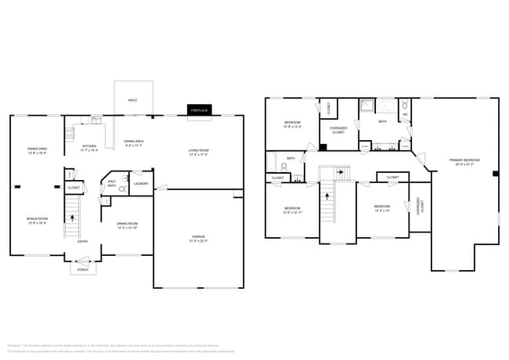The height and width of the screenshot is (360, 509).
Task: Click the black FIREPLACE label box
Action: pyautogui.click(x=199, y=111)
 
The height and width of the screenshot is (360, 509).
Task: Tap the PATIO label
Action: pyautogui.click(x=133, y=99)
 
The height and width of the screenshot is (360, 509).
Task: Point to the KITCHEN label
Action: pyautogui.click(x=89, y=146)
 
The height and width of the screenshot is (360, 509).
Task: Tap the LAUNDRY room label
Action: pyautogui.click(x=141, y=183)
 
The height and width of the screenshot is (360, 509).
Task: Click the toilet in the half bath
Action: pyautogui.click(x=121, y=189)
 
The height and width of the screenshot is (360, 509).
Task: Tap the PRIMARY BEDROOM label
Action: pyautogui.click(x=464, y=160)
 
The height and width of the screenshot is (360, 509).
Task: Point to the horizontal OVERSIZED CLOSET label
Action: pyautogui.click(x=338, y=130)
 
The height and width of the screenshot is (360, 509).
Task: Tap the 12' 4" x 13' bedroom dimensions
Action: pyautogui.click(x=381, y=211)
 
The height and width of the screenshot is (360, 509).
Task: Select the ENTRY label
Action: pyautogui.click(x=82, y=241)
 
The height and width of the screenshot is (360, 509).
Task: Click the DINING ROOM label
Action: pyautogui.click(x=127, y=225)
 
